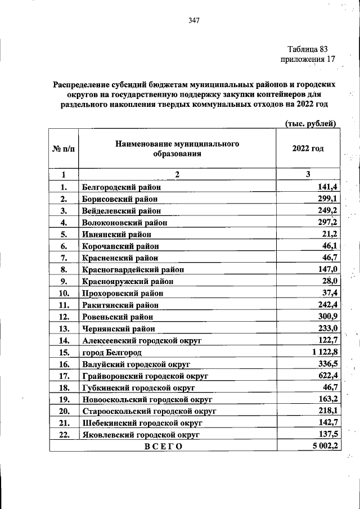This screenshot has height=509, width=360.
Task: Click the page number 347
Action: point(194,21)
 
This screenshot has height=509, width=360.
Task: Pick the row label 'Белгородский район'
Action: point(121,187)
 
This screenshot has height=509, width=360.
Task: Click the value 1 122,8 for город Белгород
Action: point(321,352)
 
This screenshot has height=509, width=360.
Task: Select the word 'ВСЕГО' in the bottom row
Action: point(163,447)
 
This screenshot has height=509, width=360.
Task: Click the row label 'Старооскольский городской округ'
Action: point(149,411)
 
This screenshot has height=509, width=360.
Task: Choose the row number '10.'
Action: point(63,293)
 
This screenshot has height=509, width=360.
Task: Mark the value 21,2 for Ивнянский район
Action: point(327,235)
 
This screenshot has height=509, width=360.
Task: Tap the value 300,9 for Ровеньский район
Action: point(325,317)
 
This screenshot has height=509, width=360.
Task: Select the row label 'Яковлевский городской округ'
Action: point(141,435)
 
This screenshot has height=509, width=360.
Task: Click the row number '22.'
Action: point(63,435)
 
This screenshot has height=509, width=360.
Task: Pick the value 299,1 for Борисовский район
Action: point(325,199)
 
